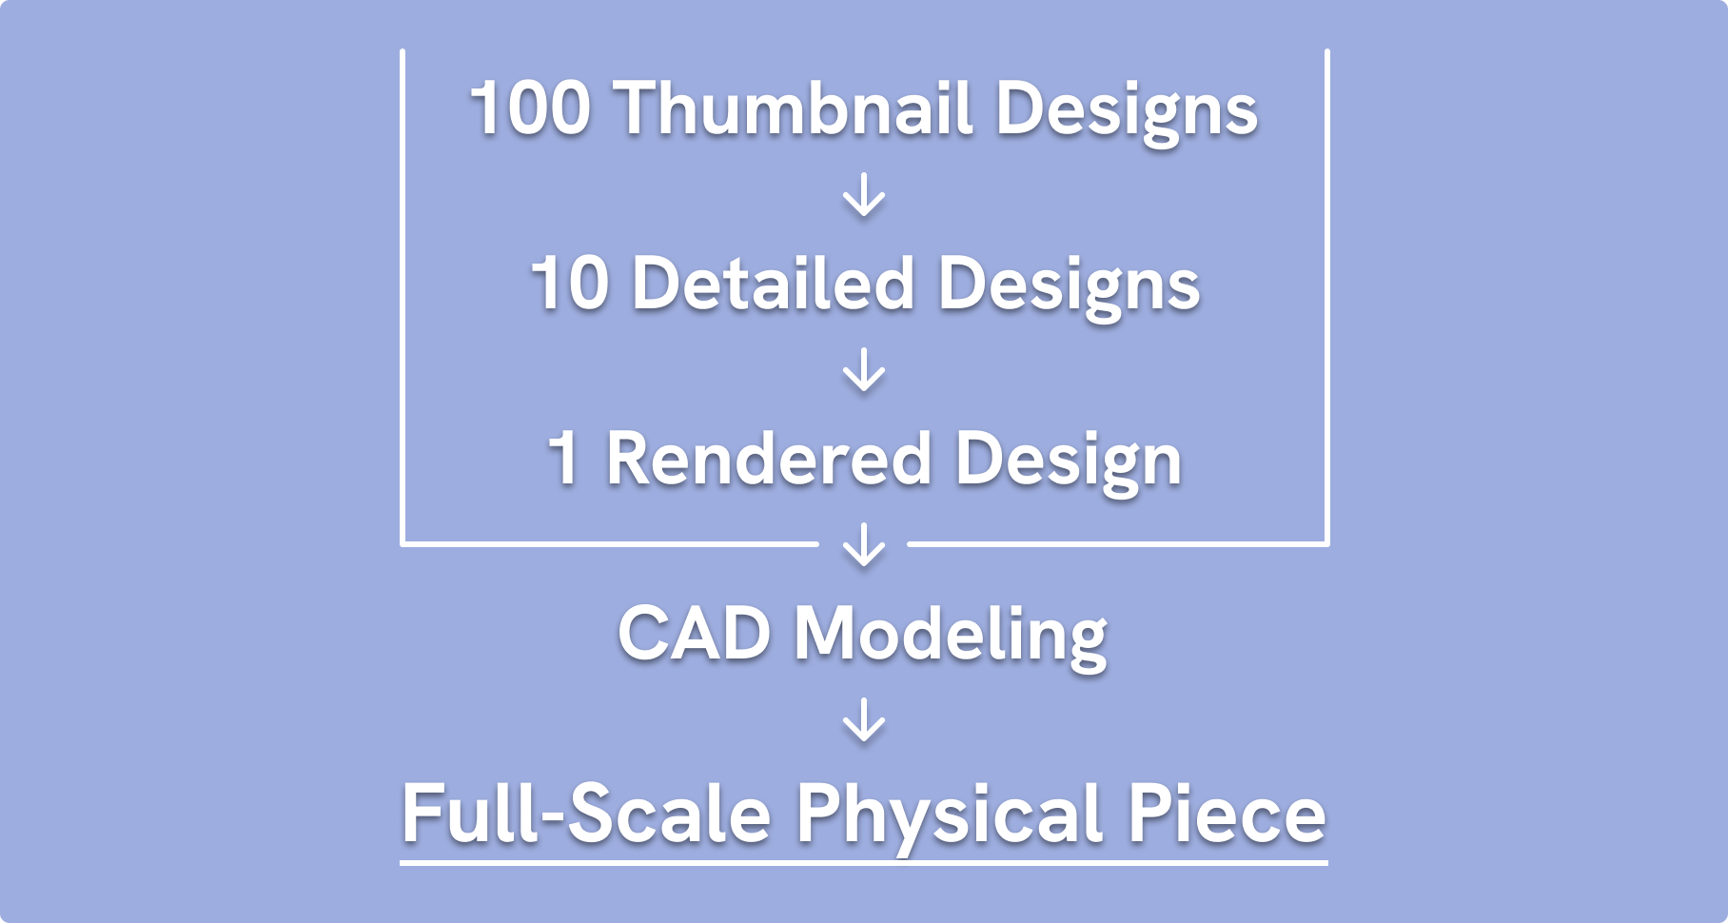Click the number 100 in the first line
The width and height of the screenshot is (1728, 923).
pos(530,108)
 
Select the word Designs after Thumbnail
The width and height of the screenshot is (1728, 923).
pos(1126,112)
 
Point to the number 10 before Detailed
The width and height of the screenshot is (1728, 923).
pos(569,284)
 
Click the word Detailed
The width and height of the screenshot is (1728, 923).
pos(773,284)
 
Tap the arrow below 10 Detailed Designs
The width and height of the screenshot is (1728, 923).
pos(864,370)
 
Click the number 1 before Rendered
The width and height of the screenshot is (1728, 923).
pos(564,459)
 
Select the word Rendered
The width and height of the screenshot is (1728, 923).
pos(769,459)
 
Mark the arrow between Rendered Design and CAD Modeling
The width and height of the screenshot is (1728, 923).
pos(864,545)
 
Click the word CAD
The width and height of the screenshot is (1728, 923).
pos(694,634)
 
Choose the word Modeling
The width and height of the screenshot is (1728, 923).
pos(951,638)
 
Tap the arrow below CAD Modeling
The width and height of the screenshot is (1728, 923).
pos(864,720)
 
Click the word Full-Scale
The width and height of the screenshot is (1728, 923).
pos(585,814)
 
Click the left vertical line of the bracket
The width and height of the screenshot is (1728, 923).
pos(403,295)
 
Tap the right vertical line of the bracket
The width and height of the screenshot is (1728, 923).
pos(1326,295)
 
